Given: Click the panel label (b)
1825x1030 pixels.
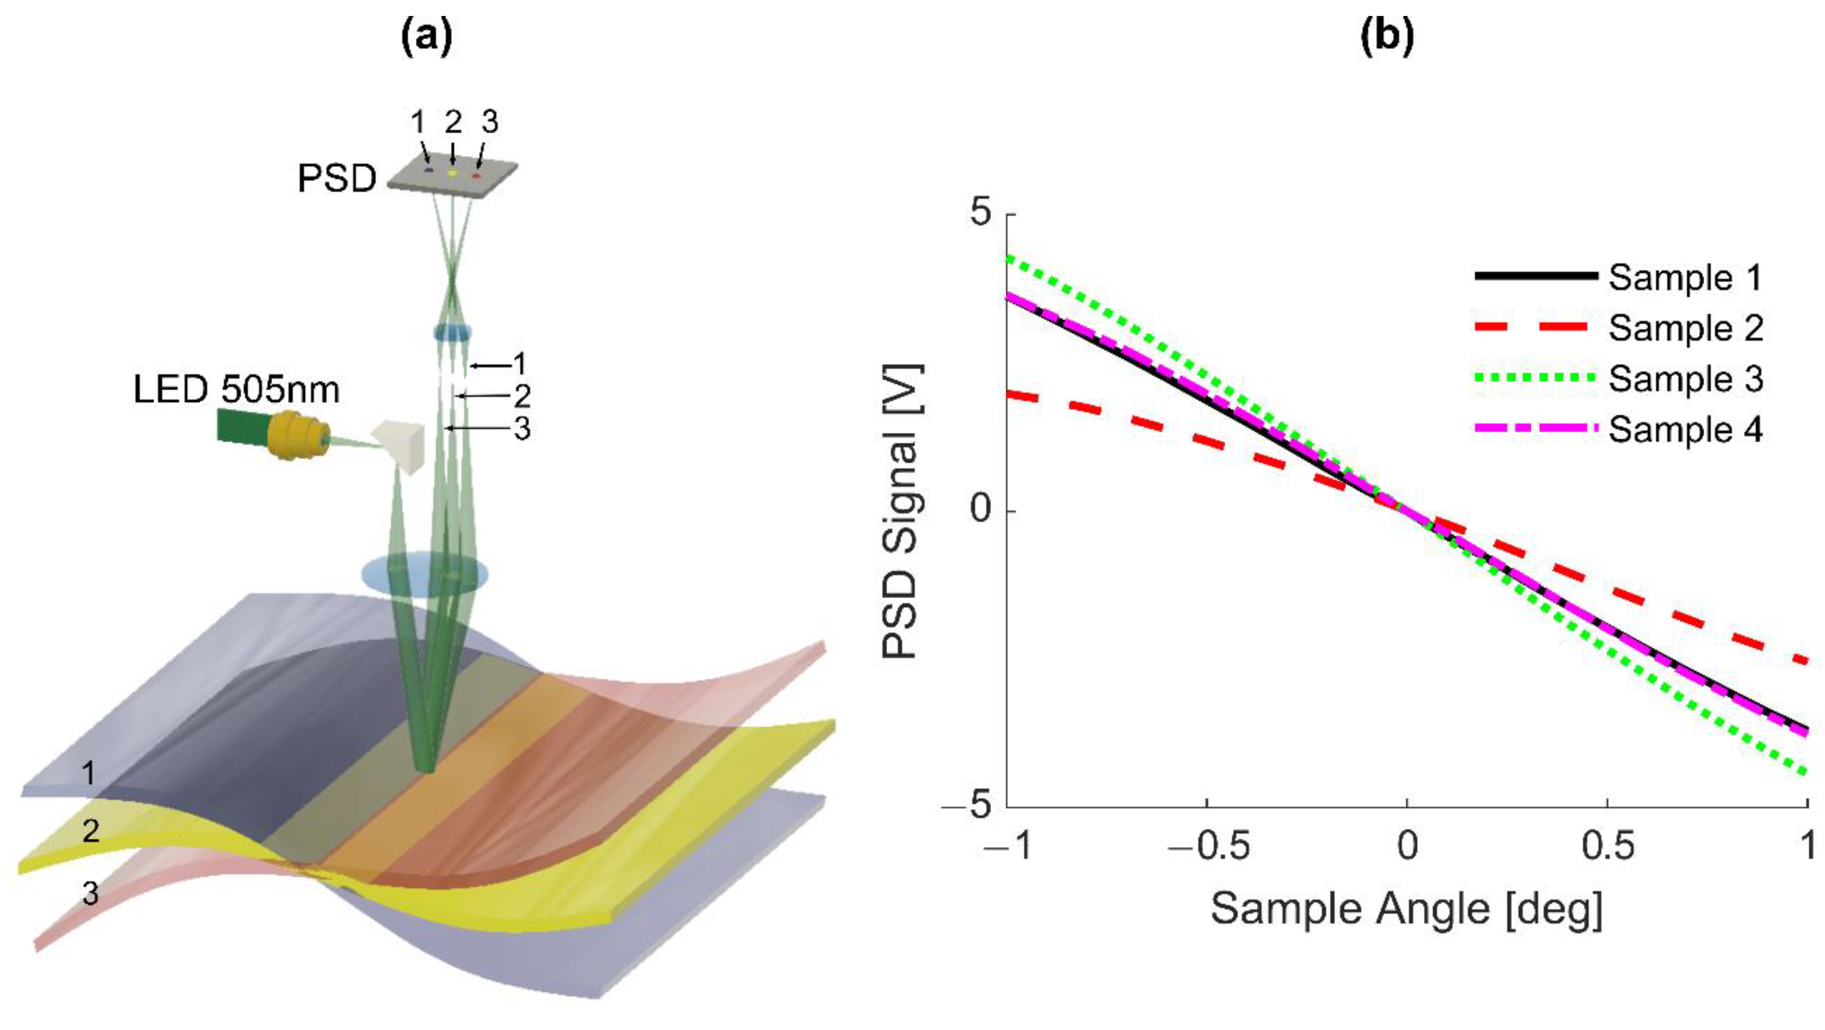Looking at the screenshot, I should (1387, 38).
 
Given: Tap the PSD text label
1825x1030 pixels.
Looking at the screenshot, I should (337, 179).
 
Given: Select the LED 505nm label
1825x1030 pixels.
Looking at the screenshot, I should (237, 389).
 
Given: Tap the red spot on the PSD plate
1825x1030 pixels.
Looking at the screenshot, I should (477, 175).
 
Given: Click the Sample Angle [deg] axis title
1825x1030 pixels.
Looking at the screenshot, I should (1406, 909).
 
